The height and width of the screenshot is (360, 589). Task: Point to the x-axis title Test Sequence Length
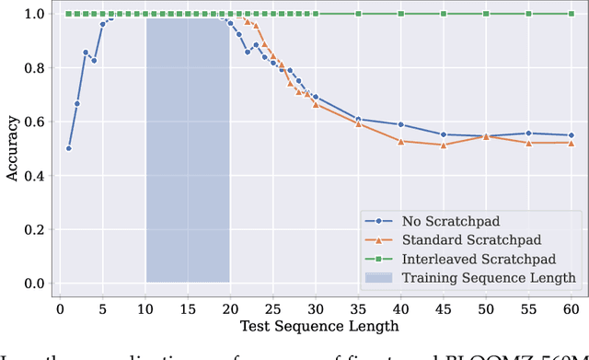click(x=319, y=325)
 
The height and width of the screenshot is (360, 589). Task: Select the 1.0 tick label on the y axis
click(x=35, y=14)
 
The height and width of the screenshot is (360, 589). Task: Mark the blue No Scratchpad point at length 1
click(x=68, y=148)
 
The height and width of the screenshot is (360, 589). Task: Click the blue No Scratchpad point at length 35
click(x=357, y=119)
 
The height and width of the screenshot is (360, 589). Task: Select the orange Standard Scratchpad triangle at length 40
click(x=400, y=141)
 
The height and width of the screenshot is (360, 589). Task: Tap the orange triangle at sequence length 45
click(x=443, y=145)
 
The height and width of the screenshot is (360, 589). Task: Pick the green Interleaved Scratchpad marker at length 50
click(x=485, y=14)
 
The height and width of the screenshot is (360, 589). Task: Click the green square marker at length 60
click(x=570, y=14)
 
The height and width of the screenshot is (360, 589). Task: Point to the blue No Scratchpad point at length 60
click(x=570, y=135)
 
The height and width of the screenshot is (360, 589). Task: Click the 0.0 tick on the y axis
click(x=35, y=283)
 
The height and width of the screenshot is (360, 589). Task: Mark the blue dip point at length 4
click(x=94, y=61)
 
